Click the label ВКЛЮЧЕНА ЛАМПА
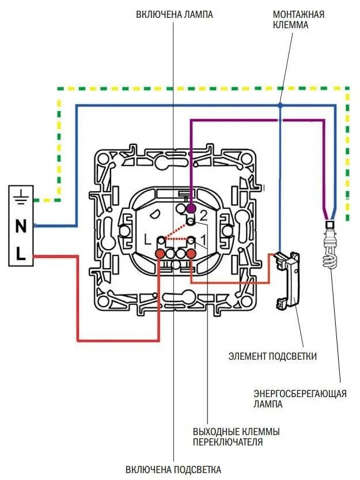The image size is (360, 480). (175, 14)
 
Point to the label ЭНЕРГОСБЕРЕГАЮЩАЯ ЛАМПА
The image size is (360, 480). (300, 398)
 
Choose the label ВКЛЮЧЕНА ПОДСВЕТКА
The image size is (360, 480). (174, 469)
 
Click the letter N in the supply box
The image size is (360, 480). (21, 226)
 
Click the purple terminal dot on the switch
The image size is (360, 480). (191, 207)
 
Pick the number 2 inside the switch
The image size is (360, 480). (203, 216)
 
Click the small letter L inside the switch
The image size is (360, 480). (147, 238)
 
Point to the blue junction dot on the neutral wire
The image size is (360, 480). (279, 105)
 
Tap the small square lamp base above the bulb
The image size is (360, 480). (330, 225)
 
